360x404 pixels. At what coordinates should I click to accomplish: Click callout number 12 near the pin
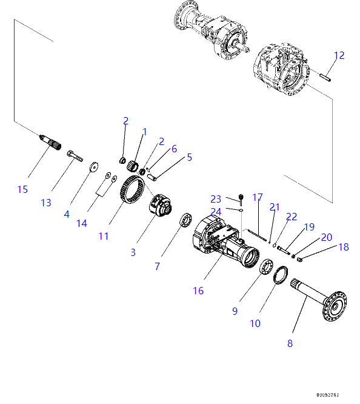coord(339,55)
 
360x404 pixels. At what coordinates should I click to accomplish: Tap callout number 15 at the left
coord(22,189)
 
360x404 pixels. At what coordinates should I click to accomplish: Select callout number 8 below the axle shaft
coord(290,343)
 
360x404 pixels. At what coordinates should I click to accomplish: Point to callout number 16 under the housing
coord(198,291)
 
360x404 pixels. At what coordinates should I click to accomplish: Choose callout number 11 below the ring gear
coord(104,236)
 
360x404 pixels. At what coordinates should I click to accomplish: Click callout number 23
coord(216,198)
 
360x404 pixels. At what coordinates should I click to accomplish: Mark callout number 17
coord(258,197)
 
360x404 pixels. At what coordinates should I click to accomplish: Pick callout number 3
coord(133,252)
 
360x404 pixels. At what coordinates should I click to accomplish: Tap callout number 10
coord(255,323)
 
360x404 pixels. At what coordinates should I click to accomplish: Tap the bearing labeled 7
coord(184,221)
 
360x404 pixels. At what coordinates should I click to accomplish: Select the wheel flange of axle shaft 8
coord(335,308)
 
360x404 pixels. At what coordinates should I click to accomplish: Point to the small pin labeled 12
coord(325,76)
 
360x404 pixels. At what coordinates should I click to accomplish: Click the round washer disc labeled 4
coord(94,166)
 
